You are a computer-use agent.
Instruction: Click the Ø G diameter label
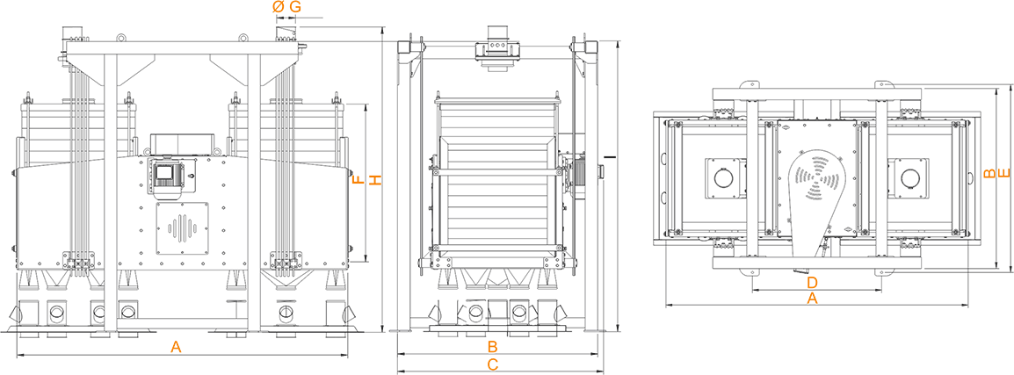click(286, 7)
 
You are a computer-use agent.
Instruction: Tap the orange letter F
click(359, 179)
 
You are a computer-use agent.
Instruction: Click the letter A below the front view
click(175, 347)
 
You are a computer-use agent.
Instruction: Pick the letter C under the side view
click(492, 364)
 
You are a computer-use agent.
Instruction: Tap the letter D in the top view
click(813, 283)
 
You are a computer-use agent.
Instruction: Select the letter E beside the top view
click(1003, 173)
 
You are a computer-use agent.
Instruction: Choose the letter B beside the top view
click(989, 173)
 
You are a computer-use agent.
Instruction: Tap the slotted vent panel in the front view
click(183, 227)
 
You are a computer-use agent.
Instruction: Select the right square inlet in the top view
click(909, 177)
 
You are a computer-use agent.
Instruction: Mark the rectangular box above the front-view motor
click(183, 144)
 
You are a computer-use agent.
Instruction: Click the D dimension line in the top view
click(816, 291)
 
